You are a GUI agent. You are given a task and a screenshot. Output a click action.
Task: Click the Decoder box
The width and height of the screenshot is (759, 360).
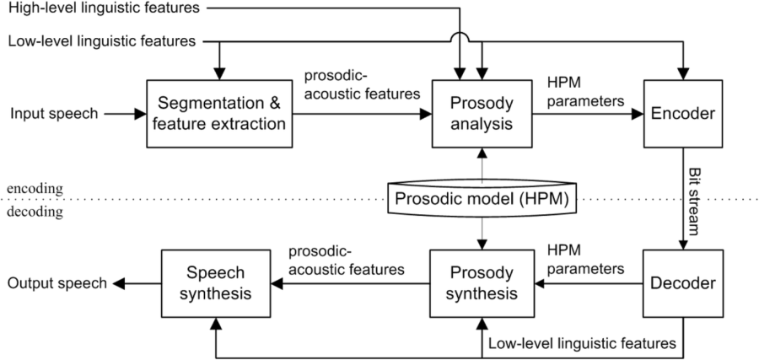pos(682,283)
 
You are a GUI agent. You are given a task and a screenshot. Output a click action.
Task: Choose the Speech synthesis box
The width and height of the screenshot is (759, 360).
pos(217,283)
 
